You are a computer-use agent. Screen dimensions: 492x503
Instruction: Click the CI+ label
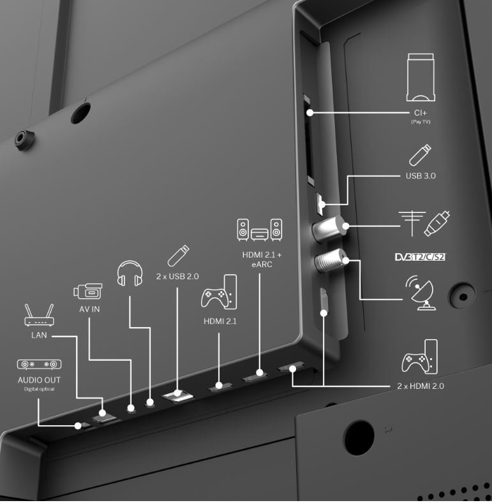[421, 113]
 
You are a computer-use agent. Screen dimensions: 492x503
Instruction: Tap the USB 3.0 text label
[421, 176]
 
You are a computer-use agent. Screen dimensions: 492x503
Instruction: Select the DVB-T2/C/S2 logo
[420, 257]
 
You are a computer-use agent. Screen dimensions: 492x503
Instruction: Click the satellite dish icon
[421, 293]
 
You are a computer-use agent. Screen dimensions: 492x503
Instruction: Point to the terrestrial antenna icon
[412, 223]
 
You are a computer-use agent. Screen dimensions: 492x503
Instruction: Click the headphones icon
[130, 273]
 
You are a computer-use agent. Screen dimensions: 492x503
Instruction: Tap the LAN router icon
[39, 315]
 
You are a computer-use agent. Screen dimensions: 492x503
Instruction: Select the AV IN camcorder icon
[87, 291]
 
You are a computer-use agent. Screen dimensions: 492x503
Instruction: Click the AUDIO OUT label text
[39, 380]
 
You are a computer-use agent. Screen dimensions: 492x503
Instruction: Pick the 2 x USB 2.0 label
[177, 277]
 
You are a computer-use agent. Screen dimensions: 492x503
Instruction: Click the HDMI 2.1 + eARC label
[262, 259]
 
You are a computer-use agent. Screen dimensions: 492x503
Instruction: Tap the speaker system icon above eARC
[260, 230]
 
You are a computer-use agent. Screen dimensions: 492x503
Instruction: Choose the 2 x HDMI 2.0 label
[421, 386]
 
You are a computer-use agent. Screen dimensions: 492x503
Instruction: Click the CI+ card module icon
[421, 77]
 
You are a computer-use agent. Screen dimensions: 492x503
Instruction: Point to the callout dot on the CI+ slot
[310, 113]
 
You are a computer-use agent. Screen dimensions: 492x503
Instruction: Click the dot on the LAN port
[102, 413]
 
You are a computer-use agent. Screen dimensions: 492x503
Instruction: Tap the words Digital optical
[39, 389]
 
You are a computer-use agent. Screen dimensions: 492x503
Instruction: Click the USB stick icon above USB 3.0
[420, 155]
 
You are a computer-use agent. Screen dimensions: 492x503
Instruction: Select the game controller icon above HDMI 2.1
[219, 292]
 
